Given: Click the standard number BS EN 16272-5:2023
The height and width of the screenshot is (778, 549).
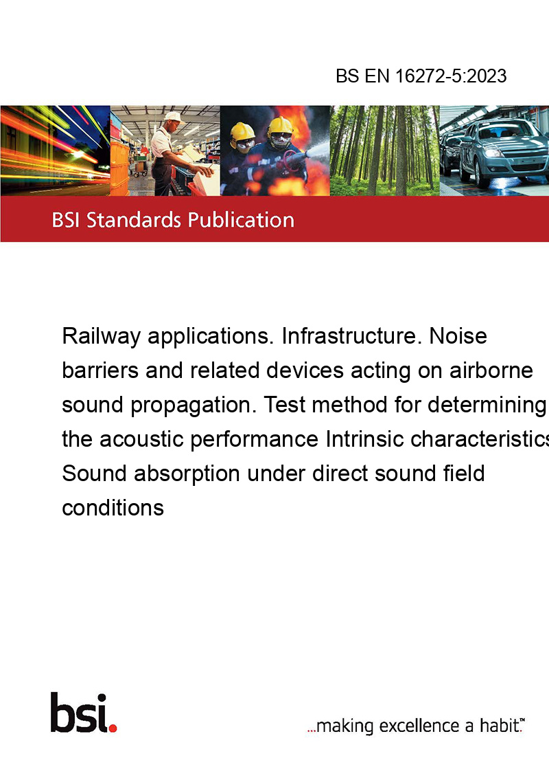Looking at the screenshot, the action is click(x=421, y=76).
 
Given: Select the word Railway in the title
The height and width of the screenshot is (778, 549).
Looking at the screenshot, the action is click(x=101, y=337).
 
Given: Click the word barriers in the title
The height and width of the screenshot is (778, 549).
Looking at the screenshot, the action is click(x=100, y=370).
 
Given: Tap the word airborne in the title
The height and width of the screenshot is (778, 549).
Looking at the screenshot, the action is click(x=491, y=370).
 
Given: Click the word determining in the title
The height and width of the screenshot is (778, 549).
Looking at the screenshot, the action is click(x=487, y=405).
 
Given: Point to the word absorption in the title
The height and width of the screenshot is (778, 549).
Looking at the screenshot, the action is click(x=187, y=474).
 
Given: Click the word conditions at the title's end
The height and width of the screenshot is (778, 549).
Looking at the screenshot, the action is click(x=113, y=508).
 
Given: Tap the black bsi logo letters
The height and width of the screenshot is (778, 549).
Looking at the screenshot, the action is click(x=79, y=713).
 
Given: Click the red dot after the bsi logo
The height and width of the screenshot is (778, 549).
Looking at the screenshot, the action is click(x=113, y=728).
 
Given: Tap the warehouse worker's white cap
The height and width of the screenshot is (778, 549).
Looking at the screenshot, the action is click(x=174, y=118).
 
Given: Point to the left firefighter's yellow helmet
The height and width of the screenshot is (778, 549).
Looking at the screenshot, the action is click(x=242, y=131).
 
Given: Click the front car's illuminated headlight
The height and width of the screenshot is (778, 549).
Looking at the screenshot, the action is click(x=491, y=153).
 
